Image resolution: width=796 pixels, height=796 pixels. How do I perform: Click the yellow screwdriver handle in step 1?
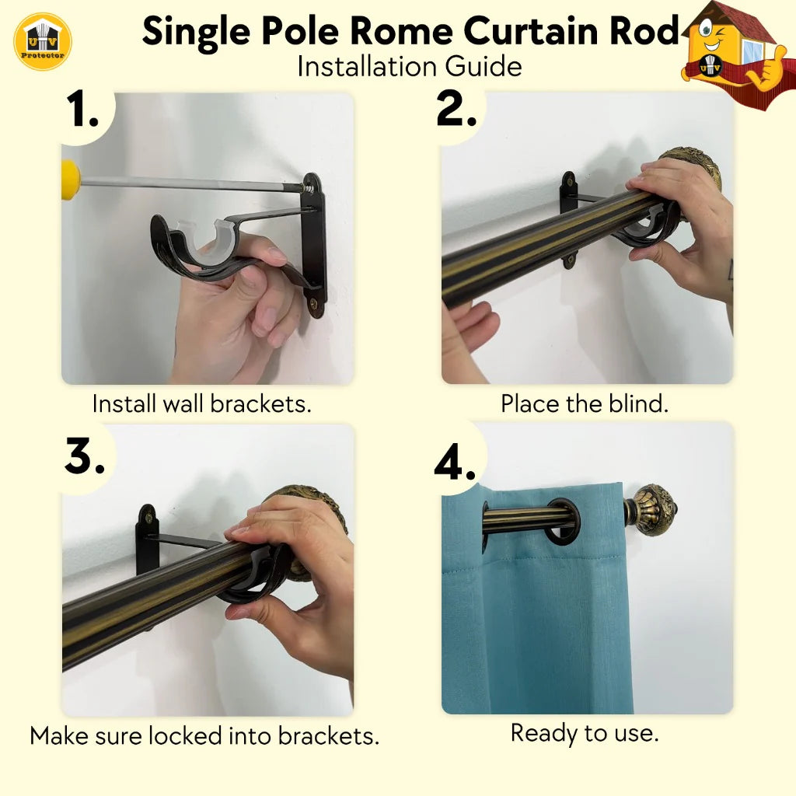pyautogui.click(x=71, y=180)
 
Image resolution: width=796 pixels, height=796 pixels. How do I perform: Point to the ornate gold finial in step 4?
pyautogui.click(x=652, y=509)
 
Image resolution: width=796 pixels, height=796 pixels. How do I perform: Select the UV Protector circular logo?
pyautogui.click(x=43, y=42)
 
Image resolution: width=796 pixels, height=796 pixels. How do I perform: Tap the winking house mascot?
pyautogui.click(x=737, y=54)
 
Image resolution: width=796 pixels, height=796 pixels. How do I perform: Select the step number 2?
pyautogui.click(x=456, y=109)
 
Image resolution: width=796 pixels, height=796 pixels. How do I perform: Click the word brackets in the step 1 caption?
pyautogui.click(x=260, y=404)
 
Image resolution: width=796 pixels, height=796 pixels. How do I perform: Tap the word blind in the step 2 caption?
pyautogui.click(x=638, y=404)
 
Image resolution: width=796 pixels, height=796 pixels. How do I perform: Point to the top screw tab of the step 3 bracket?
pyautogui.click(x=148, y=517)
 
